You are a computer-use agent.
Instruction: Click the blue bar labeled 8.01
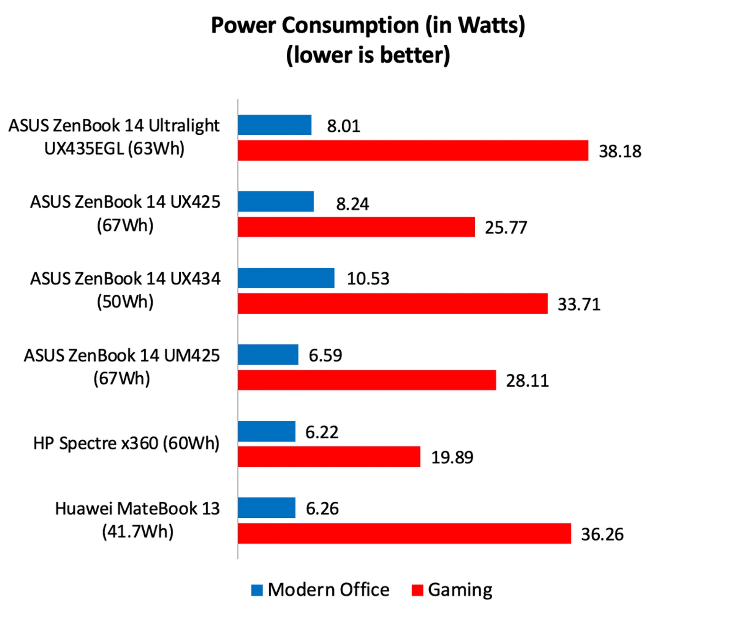click(274, 125)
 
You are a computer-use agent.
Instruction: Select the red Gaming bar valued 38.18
click(413, 150)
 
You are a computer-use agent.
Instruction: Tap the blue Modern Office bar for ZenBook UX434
click(286, 278)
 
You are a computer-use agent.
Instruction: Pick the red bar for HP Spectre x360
click(329, 456)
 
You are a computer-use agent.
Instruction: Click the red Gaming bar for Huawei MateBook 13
click(404, 533)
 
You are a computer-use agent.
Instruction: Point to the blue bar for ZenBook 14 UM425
click(268, 355)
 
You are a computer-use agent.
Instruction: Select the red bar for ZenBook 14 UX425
click(356, 227)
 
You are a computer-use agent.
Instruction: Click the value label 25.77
click(506, 228)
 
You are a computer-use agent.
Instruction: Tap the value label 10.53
click(368, 279)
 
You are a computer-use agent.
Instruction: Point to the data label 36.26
click(602, 535)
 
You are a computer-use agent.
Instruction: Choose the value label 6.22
click(322, 432)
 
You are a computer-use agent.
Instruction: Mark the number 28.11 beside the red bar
click(527, 381)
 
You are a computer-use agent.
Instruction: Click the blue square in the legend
click(257, 590)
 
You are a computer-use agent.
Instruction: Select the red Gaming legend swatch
click(417, 590)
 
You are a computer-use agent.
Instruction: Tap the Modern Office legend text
click(328, 590)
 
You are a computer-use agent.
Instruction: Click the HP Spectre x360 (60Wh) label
click(126, 443)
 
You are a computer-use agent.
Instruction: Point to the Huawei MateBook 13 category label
click(137, 520)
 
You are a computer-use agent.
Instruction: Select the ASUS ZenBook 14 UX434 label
click(125, 290)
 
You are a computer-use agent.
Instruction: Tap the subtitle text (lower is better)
click(368, 55)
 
